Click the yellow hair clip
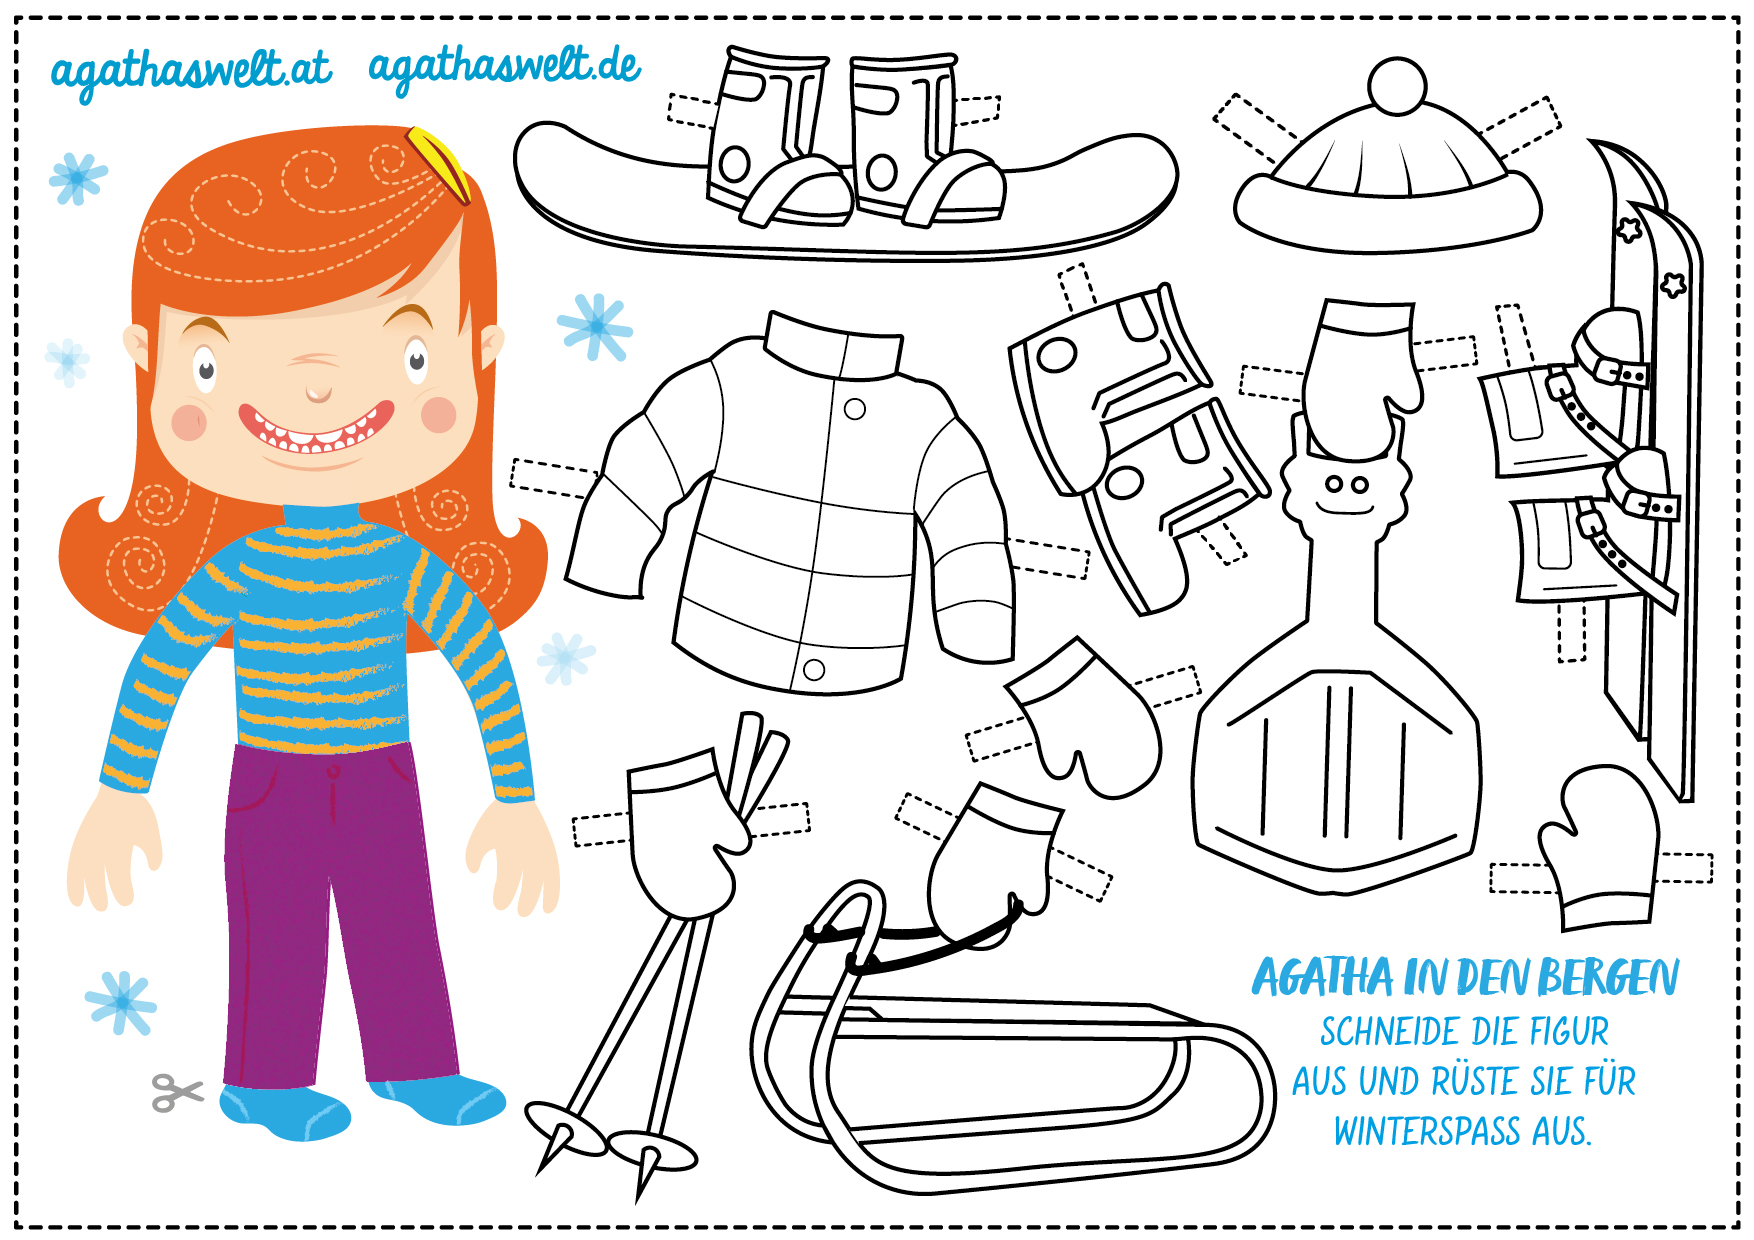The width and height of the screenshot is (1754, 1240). pyautogui.click(x=439, y=163)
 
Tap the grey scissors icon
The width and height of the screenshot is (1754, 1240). pyautogui.click(x=177, y=1092)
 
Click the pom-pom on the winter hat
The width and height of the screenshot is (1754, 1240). pyautogui.click(x=1397, y=85)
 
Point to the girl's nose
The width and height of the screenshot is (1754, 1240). pyautogui.click(x=318, y=391)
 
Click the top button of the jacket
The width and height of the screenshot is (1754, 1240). pyautogui.click(x=855, y=409)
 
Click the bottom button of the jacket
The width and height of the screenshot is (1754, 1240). pyautogui.click(x=814, y=670)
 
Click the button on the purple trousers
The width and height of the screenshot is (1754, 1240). pyautogui.click(x=334, y=772)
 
